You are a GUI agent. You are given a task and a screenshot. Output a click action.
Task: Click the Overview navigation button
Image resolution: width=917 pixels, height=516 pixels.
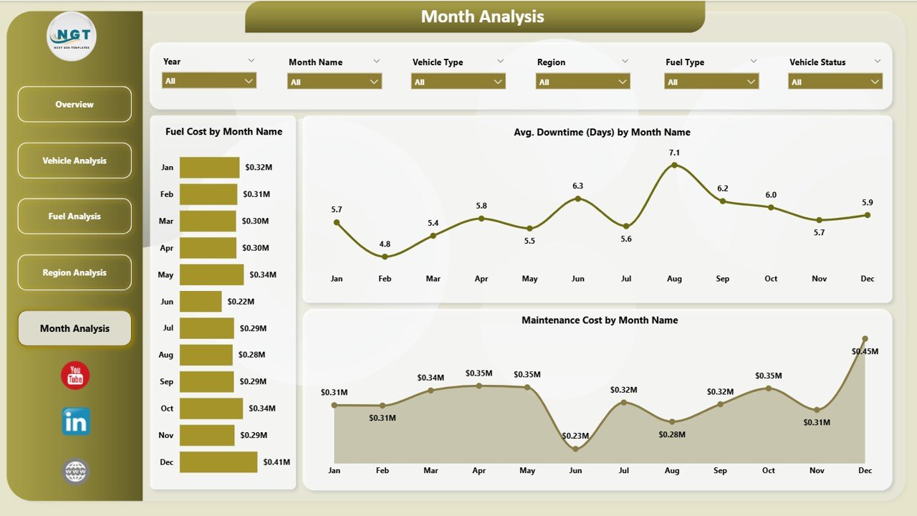tap(75, 105)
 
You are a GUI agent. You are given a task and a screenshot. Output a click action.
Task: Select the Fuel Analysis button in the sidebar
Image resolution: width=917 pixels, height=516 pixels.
tap(75, 216)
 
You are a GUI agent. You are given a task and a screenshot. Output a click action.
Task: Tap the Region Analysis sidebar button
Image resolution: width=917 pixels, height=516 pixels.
tap(75, 272)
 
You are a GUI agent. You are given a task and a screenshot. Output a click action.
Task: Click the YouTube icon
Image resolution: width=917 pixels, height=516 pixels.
tap(75, 376)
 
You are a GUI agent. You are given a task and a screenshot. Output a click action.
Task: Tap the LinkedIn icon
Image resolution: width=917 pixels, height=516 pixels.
tap(75, 422)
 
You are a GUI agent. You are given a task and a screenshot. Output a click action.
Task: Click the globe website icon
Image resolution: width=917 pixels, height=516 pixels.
tap(75, 472)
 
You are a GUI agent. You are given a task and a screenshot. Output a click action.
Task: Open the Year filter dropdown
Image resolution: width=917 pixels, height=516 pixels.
tap(209, 81)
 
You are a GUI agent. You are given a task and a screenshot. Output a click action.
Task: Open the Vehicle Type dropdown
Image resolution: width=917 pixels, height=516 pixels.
tap(458, 82)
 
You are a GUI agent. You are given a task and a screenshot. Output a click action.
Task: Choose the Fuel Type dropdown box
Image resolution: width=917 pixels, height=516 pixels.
tap(711, 82)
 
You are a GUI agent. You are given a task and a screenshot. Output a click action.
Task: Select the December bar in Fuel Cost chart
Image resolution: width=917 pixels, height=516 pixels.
tap(219, 462)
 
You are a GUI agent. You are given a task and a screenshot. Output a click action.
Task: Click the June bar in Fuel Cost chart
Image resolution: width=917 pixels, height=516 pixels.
tap(201, 302)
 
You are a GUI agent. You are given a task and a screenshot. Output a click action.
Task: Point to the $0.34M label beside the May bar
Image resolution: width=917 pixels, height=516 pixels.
tap(261, 274)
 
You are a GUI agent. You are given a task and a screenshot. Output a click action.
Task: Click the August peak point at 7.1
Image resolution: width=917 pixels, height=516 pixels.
tap(674, 166)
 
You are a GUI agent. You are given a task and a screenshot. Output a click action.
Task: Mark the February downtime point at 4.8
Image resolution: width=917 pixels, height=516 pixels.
tap(385, 256)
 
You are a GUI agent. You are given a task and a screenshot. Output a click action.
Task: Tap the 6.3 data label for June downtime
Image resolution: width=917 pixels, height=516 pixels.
tap(578, 186)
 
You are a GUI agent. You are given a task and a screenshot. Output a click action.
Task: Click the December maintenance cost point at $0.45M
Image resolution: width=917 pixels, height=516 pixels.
tap(865, 339)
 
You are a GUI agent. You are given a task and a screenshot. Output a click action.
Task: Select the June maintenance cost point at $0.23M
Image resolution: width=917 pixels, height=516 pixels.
tap(576, 449)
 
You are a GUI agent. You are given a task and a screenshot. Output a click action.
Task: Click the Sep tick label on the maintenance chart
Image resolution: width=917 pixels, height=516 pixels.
tap(720, 471)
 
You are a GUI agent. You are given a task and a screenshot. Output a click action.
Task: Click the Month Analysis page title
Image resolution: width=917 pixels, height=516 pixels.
tap(482, 16)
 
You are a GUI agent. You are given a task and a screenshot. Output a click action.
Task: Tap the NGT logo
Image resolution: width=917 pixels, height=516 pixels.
tap(72, 36)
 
